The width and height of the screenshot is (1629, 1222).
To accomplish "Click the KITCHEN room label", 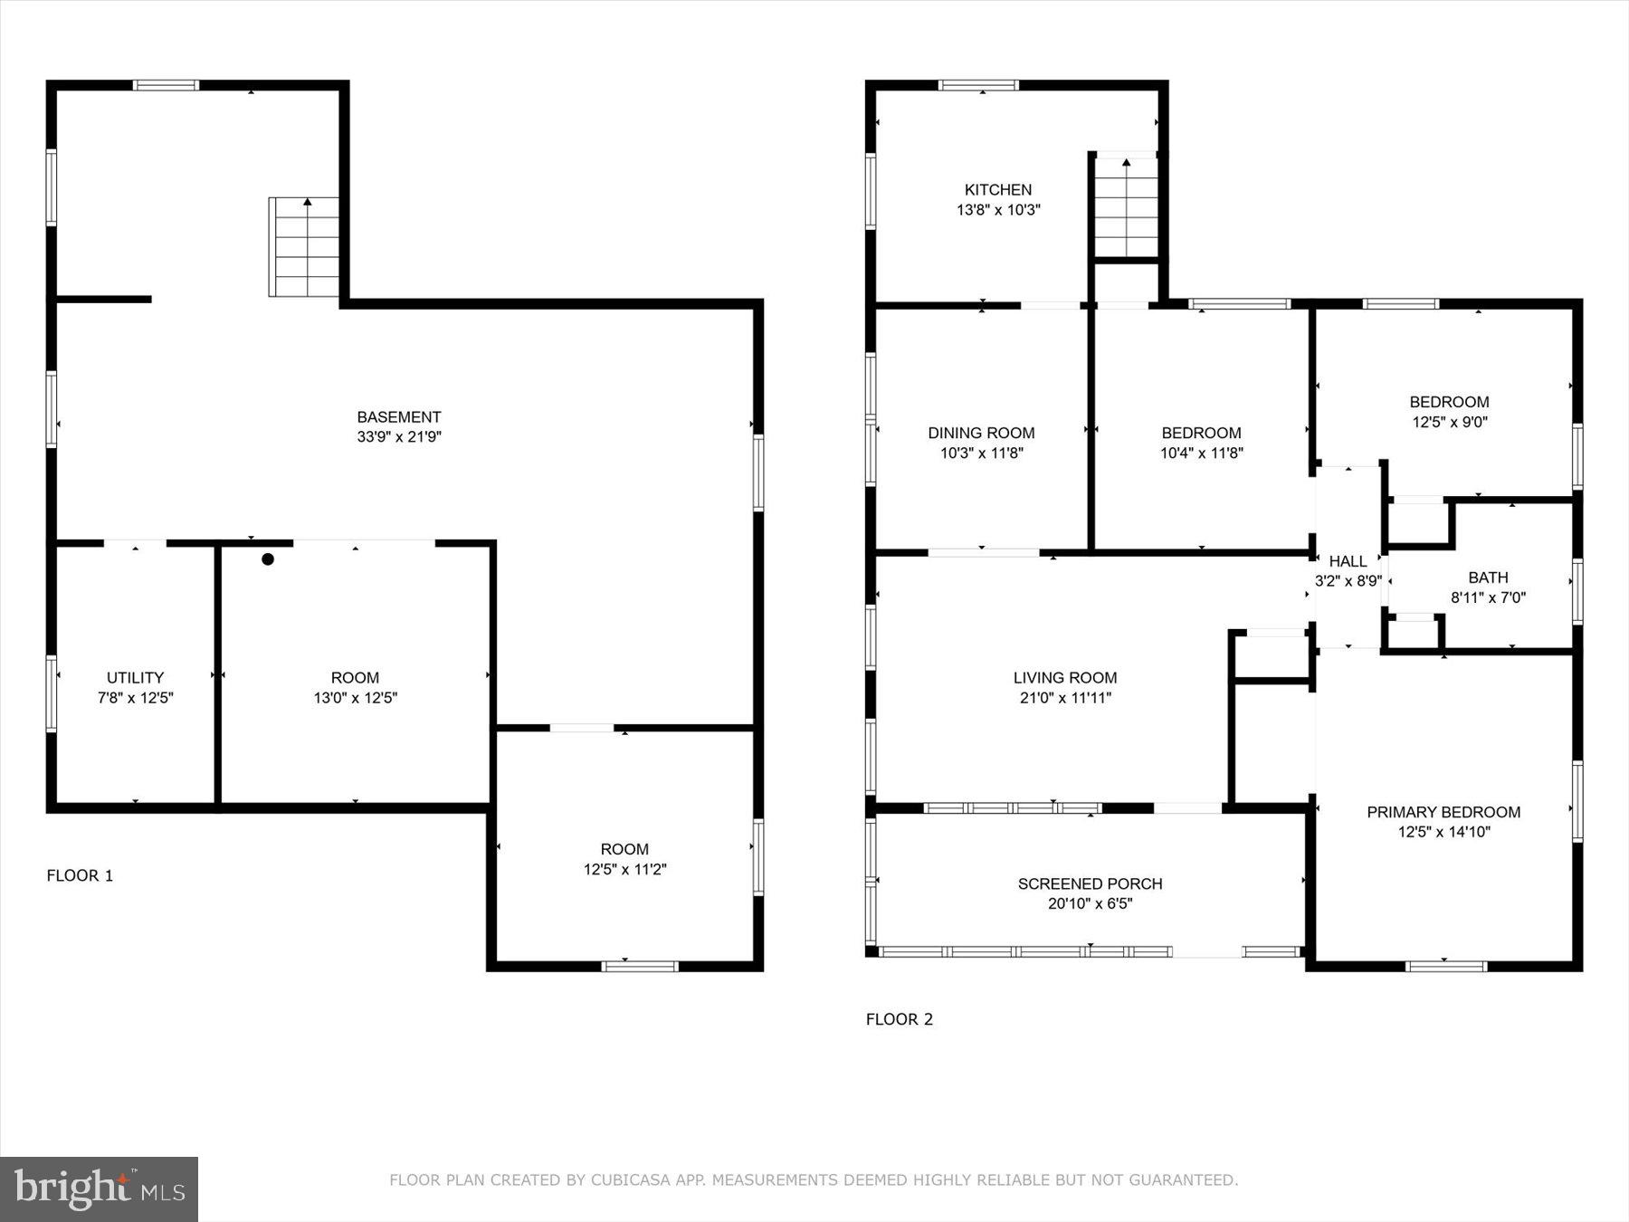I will click(x=997, y=190).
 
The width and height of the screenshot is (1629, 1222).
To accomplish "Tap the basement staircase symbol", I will click(x=305, y=247).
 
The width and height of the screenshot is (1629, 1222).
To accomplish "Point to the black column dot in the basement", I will click(x=268, y=559).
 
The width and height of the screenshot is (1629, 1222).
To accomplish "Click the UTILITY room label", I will click(x=135, y=678).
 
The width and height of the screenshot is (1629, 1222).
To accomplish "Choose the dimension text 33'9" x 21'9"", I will click(x=399, y=437).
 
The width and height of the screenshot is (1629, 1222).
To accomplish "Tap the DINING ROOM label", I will click(x=981, y=434).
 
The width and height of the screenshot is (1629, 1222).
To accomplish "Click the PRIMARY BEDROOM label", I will click(x=1443, y=813).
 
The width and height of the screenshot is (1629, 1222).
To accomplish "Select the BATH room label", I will click(x=1488, y=578).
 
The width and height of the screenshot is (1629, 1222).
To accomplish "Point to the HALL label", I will click(x=1348, y=562).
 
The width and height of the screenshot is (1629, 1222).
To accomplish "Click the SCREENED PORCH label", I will click(x=1090, y=884).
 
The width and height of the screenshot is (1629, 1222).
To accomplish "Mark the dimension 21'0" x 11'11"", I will click(x=1065, y=698).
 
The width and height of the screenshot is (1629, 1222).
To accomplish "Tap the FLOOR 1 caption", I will click(x=80, y=875).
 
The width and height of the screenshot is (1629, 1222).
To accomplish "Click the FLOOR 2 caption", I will click(x=899, y=1019).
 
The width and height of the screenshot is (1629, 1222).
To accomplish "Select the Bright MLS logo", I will click(x=99, y=1189).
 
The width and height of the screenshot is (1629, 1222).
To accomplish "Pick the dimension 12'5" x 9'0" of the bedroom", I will click(x=1449, y=422).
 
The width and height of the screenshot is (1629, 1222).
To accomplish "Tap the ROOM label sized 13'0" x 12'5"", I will click(x=355, y=678).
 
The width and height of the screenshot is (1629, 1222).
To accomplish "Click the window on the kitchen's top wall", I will click(x=978, y=86).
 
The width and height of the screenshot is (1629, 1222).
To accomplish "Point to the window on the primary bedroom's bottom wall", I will click(x=1445, y=966).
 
